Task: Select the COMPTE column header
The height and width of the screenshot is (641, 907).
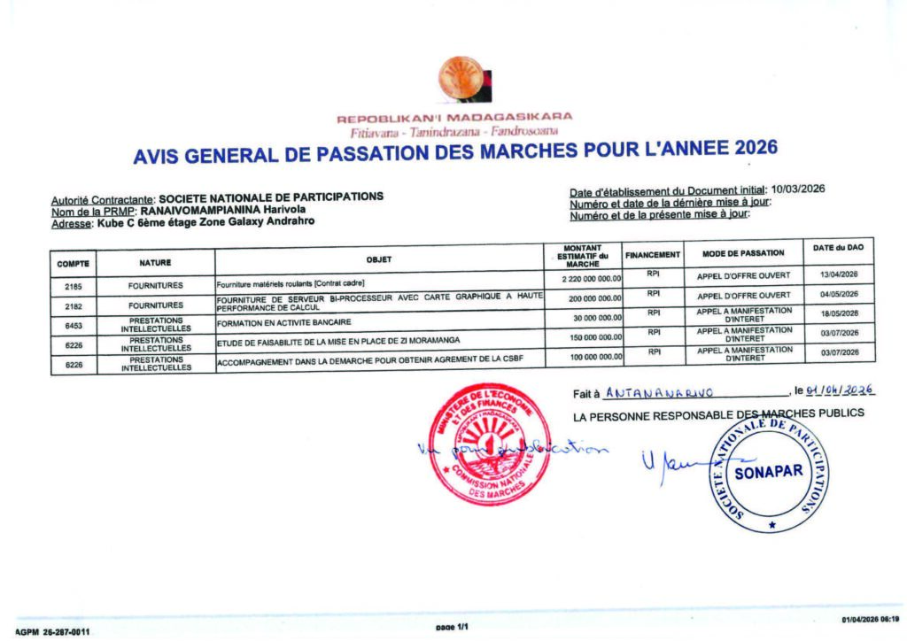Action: tap(74, 263)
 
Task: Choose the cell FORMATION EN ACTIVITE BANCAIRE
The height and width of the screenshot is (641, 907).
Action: tap(284, 321)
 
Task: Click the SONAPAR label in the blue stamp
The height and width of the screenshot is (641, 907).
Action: tap(767, 470)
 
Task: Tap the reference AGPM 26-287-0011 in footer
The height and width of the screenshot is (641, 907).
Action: tap(53, 633)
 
